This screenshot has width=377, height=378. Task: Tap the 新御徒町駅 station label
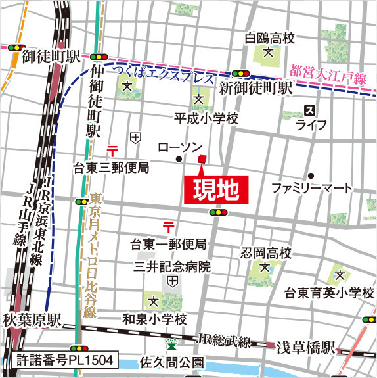(x=255, y=88)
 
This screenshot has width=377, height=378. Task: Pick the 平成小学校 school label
(x=206, y=118)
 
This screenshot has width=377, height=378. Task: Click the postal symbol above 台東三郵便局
(x=112, y=147)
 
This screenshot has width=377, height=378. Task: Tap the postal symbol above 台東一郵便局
(x=169, y=227)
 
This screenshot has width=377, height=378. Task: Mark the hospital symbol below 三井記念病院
(x=173, y=281)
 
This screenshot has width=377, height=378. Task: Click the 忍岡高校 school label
(x=265, y=253)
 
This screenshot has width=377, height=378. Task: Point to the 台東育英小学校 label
(x=329, y=291)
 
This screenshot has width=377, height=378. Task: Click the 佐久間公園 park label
(x=172, y=362)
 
